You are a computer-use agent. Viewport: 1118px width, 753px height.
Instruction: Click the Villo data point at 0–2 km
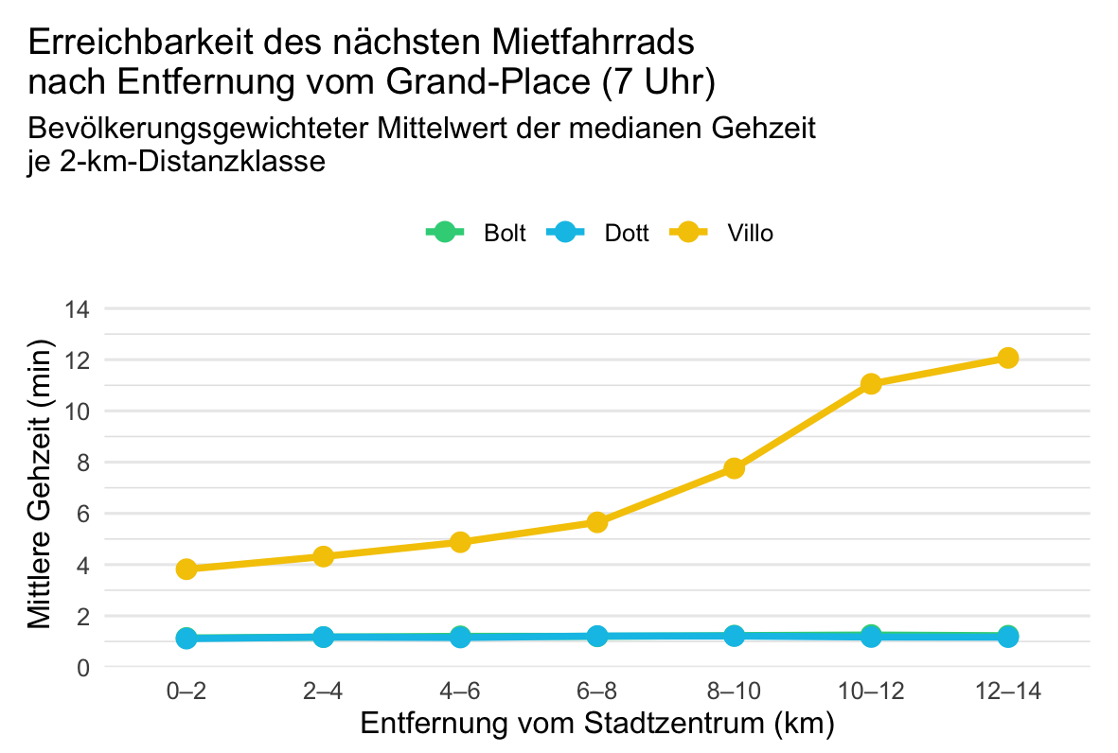coord(186,569)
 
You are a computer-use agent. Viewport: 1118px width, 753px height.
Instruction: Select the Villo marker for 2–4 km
coord(323,556)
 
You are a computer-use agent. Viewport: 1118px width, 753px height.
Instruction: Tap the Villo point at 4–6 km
coord(460,542)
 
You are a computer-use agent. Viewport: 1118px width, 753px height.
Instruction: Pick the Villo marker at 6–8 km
coord(596,522)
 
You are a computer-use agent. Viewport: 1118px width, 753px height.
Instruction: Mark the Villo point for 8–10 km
coord(734,468)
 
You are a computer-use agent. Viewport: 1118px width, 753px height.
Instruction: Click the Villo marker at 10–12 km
coord(871,384)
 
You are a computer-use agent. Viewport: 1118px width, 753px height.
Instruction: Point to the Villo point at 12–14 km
coord(1007,358)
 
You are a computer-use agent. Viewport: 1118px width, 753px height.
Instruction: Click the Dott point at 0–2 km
coord(186,639)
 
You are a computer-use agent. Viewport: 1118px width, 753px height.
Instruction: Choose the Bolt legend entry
coord(475,233)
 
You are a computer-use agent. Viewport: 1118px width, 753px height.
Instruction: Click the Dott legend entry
coord(597,233)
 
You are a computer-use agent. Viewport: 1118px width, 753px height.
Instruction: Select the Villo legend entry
coord(720,233)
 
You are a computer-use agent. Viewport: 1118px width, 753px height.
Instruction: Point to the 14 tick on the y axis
coord(77,309)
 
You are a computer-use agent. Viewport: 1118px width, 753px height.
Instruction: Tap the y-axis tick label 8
coord(83,463)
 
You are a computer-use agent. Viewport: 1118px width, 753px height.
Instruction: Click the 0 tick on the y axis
coord(83,668)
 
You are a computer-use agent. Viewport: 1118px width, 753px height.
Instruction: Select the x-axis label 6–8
coord(596,691)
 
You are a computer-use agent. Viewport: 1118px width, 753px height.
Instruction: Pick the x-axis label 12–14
coord(1007,691)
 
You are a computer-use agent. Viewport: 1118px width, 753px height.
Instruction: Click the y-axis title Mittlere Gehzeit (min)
coord(40,484)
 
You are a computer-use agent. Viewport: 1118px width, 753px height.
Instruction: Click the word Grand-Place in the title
coord(488,81)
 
